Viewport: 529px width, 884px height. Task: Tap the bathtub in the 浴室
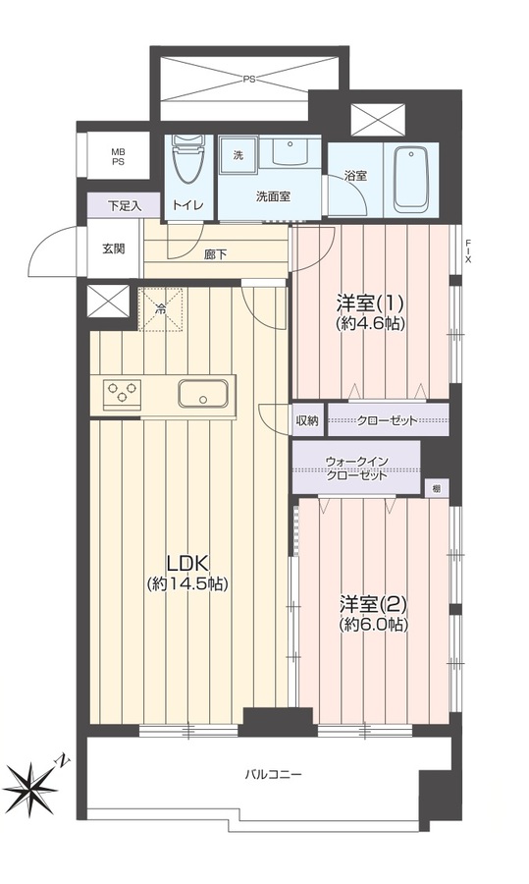coord(410,178)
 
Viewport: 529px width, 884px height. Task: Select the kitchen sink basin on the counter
coord(203,393)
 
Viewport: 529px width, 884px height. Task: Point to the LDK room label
coord(187,573)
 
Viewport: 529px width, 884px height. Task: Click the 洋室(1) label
coord(370,312)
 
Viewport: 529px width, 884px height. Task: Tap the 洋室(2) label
coord(373,613)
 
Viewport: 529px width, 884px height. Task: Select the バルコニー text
coord(273,775)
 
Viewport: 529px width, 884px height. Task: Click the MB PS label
coord(119,156)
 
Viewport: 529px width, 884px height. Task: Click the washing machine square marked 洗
coord(238,155)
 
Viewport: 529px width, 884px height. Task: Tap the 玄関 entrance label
coord(113,249)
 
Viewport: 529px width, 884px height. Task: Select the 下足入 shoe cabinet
coord(124,206)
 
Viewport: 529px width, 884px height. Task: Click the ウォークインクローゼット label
coord(356,468)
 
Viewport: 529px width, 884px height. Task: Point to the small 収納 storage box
coord(307,420)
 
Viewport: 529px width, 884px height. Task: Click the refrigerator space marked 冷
coord(161,309)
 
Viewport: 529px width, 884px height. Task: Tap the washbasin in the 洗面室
coord(289,149)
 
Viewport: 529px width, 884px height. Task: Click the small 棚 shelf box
coord(436,489)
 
